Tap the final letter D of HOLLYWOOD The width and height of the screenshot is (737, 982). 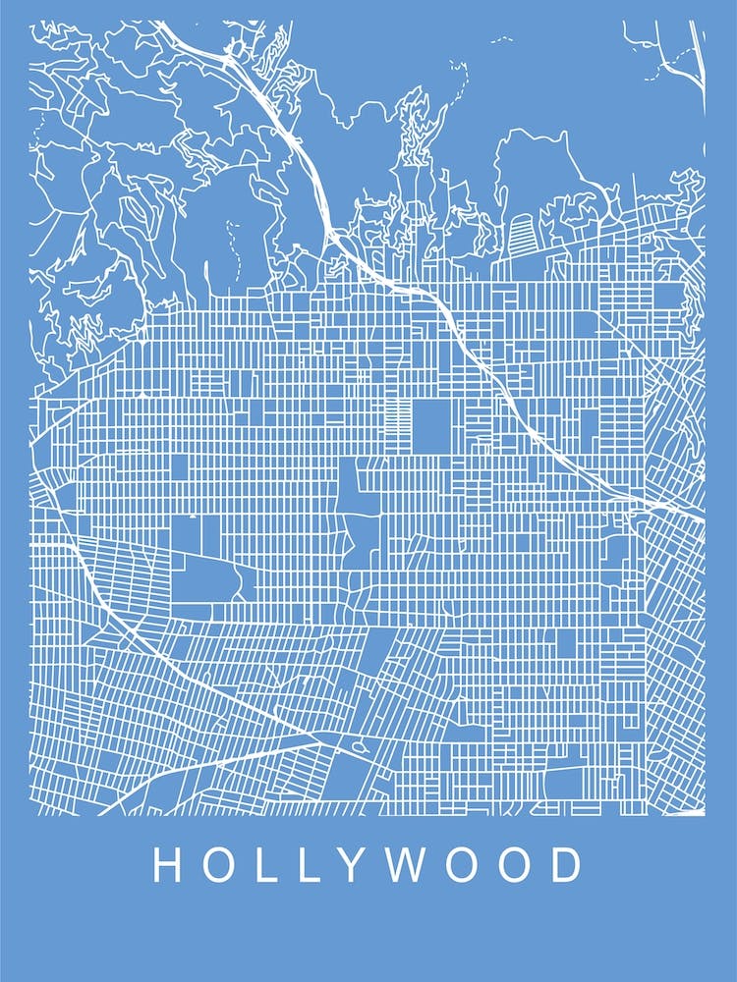[567, 865]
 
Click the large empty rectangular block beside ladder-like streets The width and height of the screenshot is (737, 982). [428, 425]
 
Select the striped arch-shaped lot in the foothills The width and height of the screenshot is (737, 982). [522, 234]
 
